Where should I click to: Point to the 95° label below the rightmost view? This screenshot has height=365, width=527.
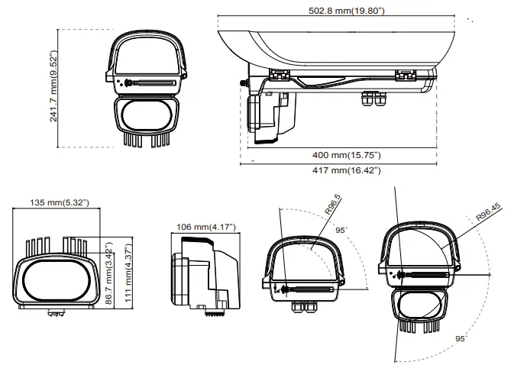(x=460, y=337)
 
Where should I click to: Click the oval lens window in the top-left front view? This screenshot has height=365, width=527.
(x=146, y=115)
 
